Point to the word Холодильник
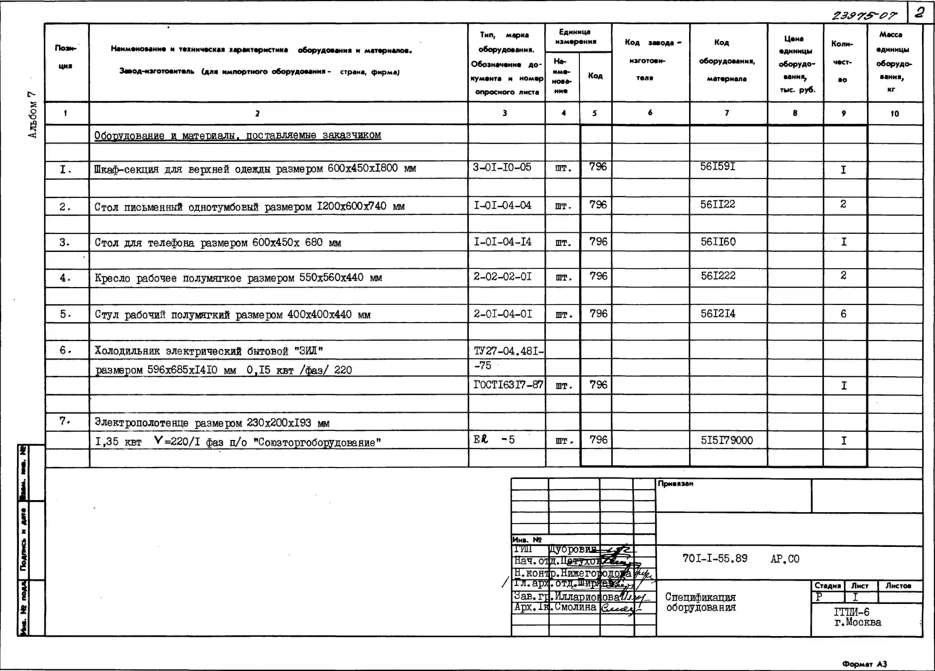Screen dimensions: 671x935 click(x=127, y=351)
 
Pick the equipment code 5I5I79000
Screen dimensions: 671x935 click(x=727, y=440)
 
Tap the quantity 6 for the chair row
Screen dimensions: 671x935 click(x=843, y=314)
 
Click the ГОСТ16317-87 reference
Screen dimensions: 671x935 click(x=508, y=385)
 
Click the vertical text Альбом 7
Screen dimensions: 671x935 click(x=32, y=115)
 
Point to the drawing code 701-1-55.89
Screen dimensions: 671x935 click(x=715, y=558)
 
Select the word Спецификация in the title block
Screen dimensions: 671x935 click(x=700, y=597)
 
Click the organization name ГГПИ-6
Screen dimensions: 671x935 click(x=852, y=612)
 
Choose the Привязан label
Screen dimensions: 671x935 click(x=675, y=483)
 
